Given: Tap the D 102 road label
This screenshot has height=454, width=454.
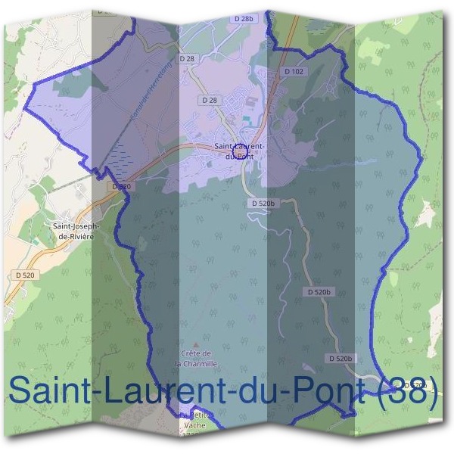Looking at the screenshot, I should pos(294,72).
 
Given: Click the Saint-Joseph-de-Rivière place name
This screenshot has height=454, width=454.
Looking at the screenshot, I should pos(73,230).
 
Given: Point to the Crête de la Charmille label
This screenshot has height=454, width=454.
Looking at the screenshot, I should pos(196,358).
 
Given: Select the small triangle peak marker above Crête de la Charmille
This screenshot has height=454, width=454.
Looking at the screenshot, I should pos(196,344).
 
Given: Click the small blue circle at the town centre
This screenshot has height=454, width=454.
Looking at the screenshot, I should pos(241,154).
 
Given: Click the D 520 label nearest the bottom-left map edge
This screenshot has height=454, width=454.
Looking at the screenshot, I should pos(24,275).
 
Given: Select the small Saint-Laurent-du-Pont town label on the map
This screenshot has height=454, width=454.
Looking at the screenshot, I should pos(239,151).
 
